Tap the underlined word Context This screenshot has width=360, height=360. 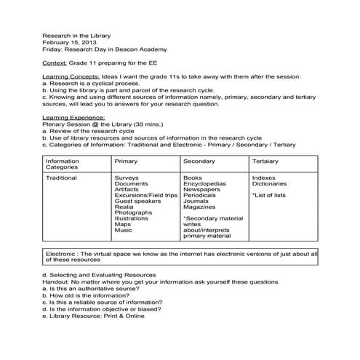55,63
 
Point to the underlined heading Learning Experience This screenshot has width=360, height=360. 74,117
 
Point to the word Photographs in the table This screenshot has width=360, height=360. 134,213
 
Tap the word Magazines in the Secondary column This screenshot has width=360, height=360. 201,207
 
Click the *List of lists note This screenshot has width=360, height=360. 269,196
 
